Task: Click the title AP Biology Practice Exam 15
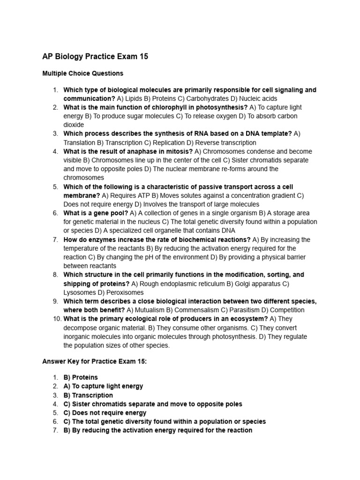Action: point(95,57)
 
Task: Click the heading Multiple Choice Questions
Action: point(82,74)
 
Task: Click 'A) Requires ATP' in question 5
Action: point(125,195)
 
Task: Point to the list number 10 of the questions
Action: point(55,319)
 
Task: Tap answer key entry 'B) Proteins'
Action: point(81,377)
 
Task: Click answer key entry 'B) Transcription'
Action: point(88,395)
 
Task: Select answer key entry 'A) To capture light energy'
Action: point(103,386)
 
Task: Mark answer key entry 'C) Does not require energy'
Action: point(105,413)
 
